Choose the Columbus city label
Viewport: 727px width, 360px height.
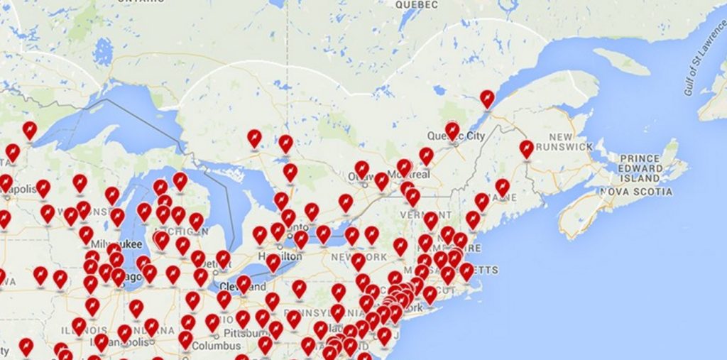pyautogui.click(x=212, y=345)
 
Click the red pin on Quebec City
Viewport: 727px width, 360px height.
pyautogui.click(x=452, y=130)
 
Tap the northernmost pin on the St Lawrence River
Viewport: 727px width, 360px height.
pyautogui.click(x=487, y=98)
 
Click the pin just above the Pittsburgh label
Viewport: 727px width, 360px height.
pyautogui.click(x=243, y=318)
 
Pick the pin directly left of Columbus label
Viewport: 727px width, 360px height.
pyautogui.click(x=186, y=339)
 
